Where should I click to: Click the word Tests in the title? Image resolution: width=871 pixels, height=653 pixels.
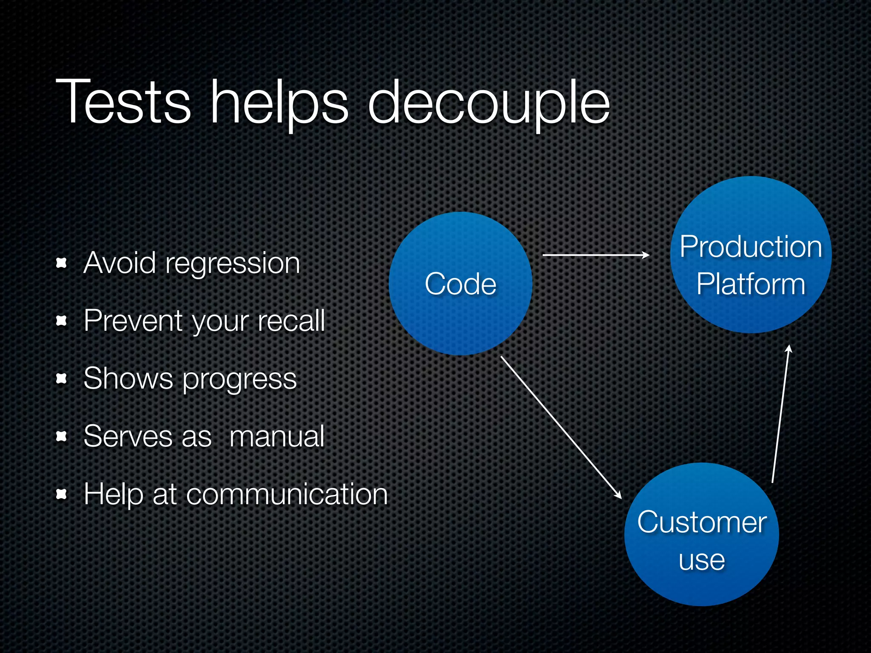(123, 102)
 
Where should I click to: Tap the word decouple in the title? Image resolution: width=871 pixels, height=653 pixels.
(489, 104)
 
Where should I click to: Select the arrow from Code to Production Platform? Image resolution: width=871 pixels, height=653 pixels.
(595, 255)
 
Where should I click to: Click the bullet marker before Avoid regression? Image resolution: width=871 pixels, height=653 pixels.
(62, 263)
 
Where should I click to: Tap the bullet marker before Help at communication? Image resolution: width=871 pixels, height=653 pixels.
(62, 494)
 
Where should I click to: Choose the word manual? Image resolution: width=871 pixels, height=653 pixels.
(277, 437)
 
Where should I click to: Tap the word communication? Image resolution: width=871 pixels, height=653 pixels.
(287, 494)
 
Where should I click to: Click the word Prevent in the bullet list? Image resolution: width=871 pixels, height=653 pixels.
(133, 321)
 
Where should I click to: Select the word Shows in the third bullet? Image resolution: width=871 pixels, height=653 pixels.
(128, 378)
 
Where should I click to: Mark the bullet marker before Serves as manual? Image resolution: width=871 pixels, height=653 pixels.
(62, 436)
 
